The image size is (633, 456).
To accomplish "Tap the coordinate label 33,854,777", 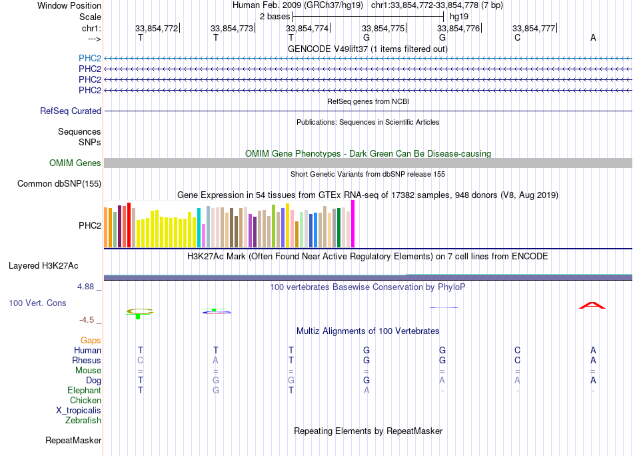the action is [x=534, y=28].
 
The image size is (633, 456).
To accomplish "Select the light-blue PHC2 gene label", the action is [x=90, y=58].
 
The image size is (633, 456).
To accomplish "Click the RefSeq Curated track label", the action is [x=71, y=111].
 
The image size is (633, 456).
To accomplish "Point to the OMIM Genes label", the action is [x=75, y=163].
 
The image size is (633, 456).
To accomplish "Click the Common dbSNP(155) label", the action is [x=59, y=184].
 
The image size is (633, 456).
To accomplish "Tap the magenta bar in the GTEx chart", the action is [x=353, y=224].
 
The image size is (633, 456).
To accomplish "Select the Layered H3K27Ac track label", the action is [x=43, y=266].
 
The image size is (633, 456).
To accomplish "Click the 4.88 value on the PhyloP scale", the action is [x=85, y=287].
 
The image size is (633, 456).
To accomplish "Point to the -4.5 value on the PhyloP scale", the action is [x=87, y=320].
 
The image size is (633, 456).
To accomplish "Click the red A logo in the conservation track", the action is [x=592, y=305].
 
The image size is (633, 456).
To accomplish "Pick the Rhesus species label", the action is [x=87, y=360].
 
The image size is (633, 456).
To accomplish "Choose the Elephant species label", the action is [x=85, y=390].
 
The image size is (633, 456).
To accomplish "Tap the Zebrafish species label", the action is [x=83, y=421].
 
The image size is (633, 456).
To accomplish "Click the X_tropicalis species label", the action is [x=79, y=411].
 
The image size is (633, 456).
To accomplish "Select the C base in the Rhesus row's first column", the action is [x=141, y=360].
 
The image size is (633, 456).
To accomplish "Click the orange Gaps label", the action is [x=91, y=341].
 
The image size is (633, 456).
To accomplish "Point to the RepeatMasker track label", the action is [x=73, y=440].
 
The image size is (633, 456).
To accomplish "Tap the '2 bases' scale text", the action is [x=275, y=17].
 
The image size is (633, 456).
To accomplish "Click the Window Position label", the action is [x=69, y=5].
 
